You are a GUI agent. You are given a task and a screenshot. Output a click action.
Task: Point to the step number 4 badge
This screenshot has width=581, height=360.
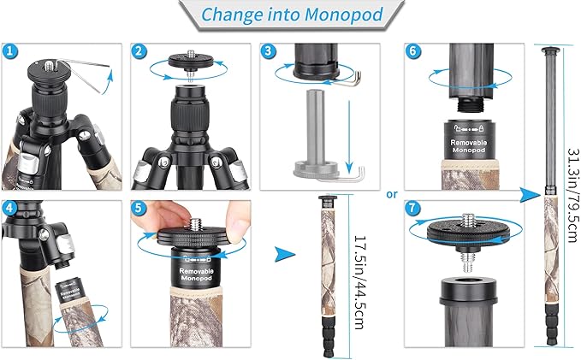click(x=10, y=209)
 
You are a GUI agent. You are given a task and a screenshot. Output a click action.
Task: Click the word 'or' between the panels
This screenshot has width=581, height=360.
click(x=391, y=193)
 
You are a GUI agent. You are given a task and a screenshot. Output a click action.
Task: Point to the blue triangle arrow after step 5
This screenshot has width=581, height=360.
click(x=286, y=254)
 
